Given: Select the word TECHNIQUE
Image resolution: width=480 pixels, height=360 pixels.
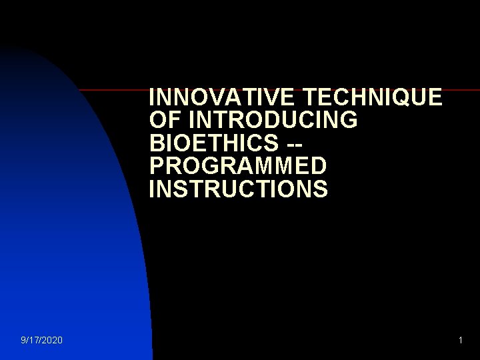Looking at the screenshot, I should coord(372,98).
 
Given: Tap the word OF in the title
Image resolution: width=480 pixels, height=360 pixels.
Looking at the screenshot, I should coord(165,121).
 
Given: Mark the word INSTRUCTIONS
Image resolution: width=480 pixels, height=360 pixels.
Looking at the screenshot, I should coord(239,189).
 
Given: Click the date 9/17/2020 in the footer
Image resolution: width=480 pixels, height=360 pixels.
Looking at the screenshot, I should coord(42,341).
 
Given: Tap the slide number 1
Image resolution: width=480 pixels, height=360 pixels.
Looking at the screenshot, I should coord(460,341).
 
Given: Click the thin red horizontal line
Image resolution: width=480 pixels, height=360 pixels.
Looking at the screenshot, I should coord(113,89).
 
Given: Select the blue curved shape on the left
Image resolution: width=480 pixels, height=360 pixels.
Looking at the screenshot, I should coord(67,233).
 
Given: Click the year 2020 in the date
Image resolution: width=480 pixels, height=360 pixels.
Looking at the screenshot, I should coord(53,341).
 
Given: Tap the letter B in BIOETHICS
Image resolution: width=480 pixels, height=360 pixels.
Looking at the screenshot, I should coord(157,144).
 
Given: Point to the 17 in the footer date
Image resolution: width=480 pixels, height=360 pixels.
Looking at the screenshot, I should coord(35,341).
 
